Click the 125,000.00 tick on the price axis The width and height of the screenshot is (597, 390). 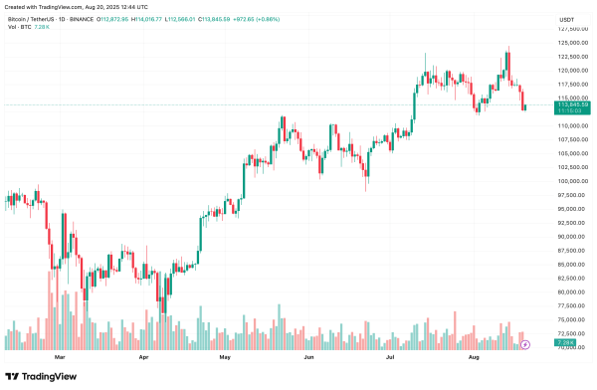pyautogui.click(x=571, y=43)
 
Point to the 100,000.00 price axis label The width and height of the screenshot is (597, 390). pyautogui.click(x=571, y=181)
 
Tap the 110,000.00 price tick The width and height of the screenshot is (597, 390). pyautogui.click(x=571, y=126)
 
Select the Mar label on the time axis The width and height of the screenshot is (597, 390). pyautogui.click(x=59, y=355)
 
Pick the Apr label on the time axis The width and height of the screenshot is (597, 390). pyautogui.click(x=144, y=355)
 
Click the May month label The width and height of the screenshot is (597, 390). pyautogui.click(x=225, y=355)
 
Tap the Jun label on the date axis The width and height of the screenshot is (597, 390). pyautogui.click(x=308, y=355)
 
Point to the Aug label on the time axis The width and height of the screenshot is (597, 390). pyautogui.click(x=474, y=355)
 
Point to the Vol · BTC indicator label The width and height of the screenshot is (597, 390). pyautogui.click(x=17, y=27)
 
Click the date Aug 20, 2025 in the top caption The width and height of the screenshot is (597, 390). pyautogui.click(x=102, y=7)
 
